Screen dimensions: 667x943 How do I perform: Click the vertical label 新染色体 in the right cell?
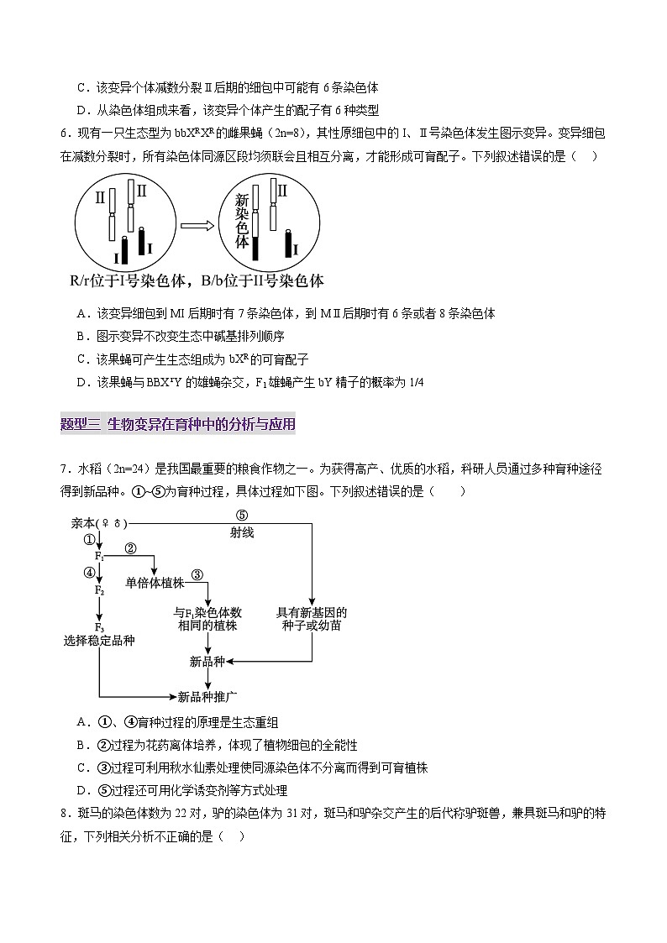(x=242, y=221)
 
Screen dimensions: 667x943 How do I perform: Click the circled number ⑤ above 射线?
(x=242, y=516)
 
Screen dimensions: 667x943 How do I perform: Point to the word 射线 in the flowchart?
(x=242, y=532)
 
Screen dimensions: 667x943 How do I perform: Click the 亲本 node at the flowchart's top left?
(x=84, y=522)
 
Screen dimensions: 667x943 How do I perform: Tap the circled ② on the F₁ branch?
(x=130, y=548)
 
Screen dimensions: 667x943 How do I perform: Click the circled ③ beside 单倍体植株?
(x=197, y=574)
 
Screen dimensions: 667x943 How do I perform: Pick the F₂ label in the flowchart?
(x=99, y=591)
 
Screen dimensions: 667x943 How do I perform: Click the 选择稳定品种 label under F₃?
(x=99, y=641)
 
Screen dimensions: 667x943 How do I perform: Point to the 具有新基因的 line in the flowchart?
(x=312, y=613)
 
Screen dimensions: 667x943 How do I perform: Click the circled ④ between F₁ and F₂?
(x=89, y=573)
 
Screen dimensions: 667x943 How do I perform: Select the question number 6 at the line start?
(x=64, y=132)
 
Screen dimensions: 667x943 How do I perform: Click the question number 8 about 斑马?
(x=64, y=813)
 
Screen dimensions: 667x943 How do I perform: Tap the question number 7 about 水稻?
(x=64, y=469)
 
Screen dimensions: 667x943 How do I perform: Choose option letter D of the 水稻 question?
(x=82, y=790)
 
